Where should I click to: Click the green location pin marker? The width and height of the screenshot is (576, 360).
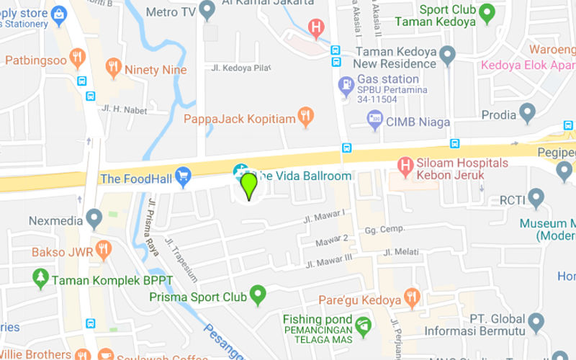click(248, 185)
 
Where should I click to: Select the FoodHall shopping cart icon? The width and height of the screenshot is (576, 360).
click(184, 174)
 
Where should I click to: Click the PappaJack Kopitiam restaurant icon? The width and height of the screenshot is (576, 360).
click(307, 117)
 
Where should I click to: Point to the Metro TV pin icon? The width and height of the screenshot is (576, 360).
click(207, 11)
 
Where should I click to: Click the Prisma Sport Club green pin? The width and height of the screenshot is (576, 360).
click(258, 294)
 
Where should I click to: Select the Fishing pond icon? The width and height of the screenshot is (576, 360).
click(364, 326)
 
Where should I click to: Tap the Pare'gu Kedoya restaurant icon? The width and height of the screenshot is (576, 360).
click(412, 297)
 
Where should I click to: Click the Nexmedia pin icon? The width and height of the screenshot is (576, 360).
click(94, 217)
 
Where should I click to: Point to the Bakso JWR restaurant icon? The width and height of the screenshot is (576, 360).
click(103, 251)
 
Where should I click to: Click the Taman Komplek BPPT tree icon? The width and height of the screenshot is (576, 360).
click(40, 278)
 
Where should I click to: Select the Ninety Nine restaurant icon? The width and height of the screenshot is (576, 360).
click(112, 68)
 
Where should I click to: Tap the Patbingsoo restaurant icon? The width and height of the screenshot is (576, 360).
click(78, 58)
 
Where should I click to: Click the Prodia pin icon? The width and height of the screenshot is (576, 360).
click(528, 113)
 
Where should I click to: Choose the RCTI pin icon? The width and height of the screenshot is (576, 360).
click(536, 198)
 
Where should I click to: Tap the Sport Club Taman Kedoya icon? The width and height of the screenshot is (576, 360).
click(487, 12)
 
